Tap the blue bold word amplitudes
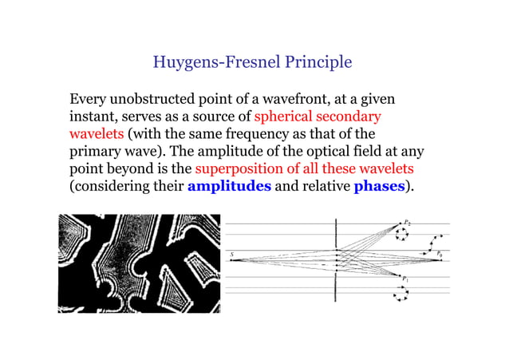tap(229, 187)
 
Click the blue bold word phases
tap(379, 187)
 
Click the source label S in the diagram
tap(232, 255)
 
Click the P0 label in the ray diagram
tap(440, 254)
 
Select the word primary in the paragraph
tap(95, 152)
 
